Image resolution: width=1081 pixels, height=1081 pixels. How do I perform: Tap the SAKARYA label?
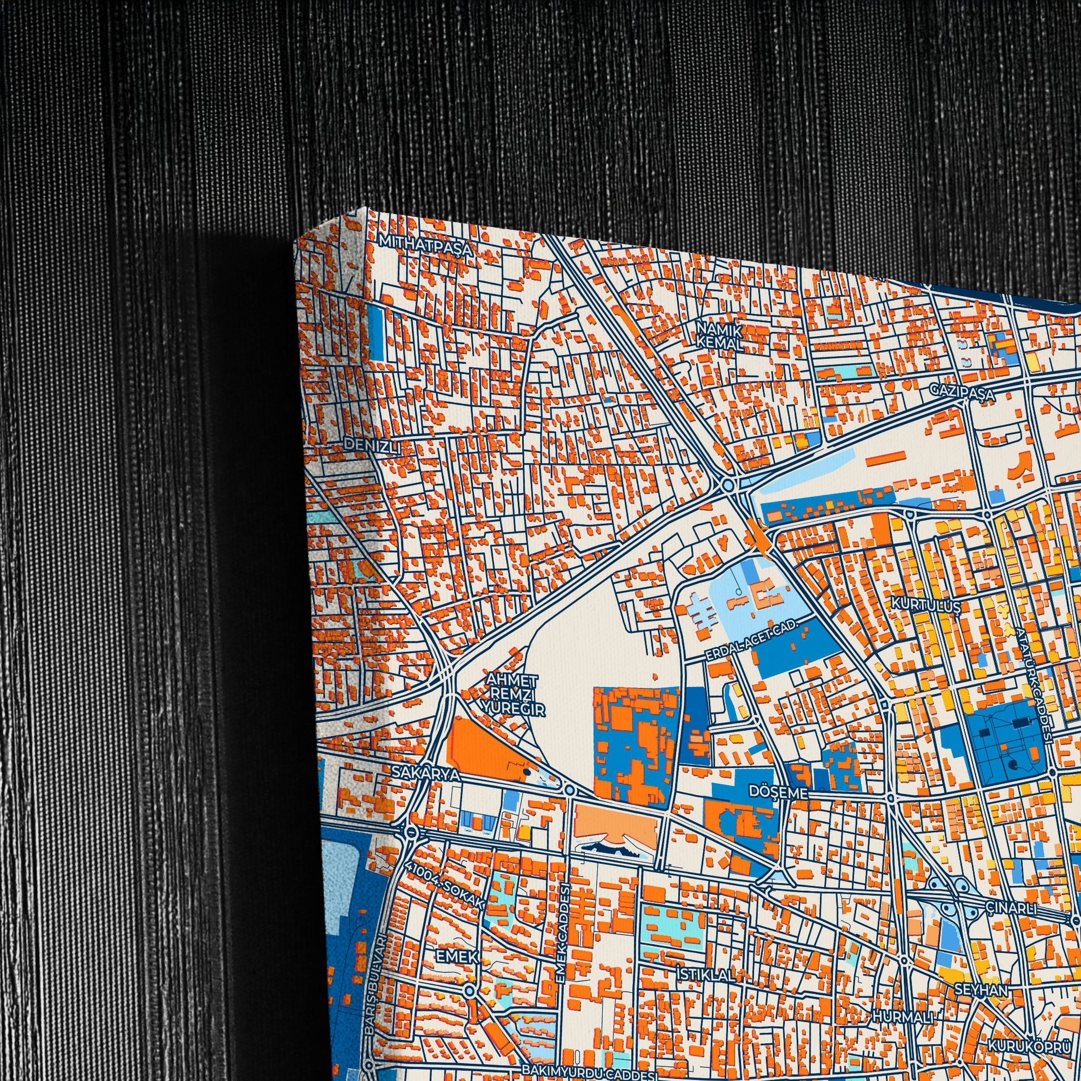coord(426,774)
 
